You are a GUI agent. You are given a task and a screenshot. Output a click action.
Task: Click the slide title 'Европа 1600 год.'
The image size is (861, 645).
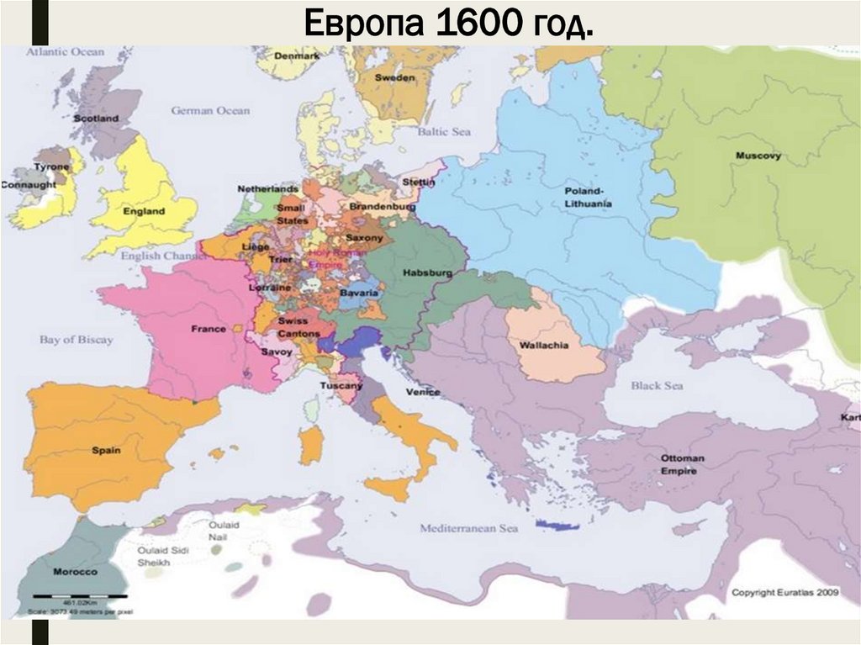pos(447,24)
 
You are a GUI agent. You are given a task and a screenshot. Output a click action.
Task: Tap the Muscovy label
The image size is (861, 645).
pos(758,156)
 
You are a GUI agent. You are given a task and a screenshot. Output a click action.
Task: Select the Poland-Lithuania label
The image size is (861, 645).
pos(589,198)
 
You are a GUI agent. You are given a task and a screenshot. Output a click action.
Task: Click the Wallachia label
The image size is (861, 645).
pos(544,346)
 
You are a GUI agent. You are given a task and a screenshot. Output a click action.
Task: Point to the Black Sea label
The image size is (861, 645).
pos(657,385)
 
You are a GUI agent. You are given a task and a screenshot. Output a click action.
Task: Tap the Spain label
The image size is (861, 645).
pos(106,450)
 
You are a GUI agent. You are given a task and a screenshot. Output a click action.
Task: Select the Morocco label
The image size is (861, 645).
pos(75,571)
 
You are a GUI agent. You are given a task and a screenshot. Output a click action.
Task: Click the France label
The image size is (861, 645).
pos(209,329)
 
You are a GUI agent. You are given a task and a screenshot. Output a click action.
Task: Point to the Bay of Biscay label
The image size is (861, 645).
pos(76,340)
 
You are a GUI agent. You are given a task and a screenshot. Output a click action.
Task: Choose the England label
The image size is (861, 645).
pos(144,211)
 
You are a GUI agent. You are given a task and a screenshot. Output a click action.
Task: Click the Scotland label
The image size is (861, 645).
pos(96,119)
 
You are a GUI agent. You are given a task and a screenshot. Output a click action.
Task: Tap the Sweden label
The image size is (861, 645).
pos(394,77)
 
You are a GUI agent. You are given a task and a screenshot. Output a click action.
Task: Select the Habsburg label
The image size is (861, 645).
pos(427,273)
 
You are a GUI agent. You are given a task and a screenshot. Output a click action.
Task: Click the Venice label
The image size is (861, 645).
pos(422,392)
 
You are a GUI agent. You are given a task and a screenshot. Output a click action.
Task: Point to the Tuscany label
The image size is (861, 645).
pos(341,385)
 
